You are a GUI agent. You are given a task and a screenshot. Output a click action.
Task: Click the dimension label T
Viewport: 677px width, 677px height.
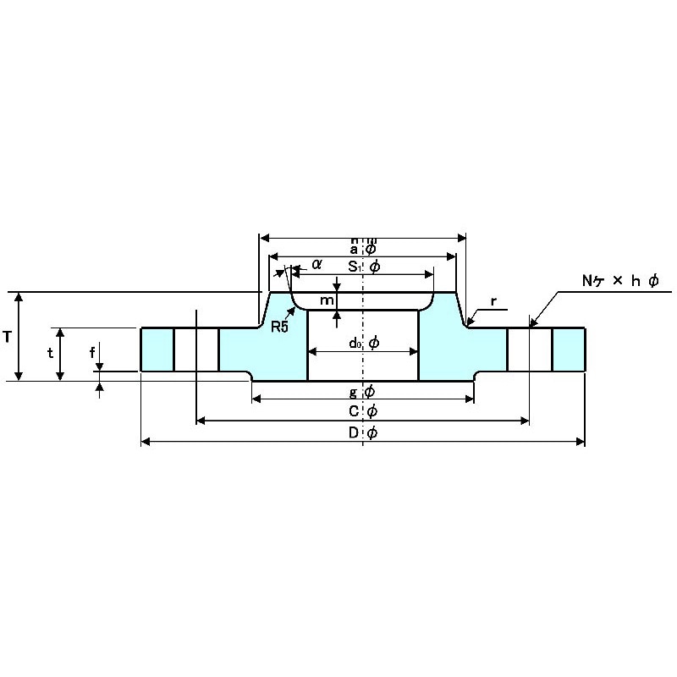7,337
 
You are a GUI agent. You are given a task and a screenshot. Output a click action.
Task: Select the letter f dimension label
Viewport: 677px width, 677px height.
92,353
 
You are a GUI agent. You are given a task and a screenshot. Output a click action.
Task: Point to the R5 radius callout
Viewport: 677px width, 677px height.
280,327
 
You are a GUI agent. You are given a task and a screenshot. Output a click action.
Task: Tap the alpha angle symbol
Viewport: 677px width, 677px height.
316,264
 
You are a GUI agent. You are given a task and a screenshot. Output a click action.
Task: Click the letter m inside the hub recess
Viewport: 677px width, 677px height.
327,301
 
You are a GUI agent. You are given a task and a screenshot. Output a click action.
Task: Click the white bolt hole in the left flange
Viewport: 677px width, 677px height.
196,349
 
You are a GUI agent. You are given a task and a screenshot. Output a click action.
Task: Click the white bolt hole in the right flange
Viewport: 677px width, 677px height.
530,349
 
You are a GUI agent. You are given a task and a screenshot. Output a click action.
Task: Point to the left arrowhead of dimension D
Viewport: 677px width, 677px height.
145,441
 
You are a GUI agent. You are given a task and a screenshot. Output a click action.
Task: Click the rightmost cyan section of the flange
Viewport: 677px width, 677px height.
569,349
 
